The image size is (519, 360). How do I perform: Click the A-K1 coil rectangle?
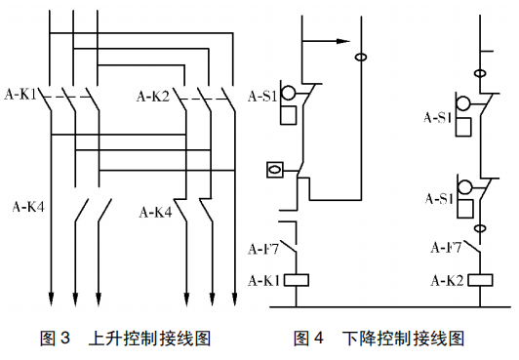297,280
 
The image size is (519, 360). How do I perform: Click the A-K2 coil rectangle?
480,280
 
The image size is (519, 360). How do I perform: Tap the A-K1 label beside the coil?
264,281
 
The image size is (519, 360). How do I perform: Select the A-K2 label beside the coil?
447,281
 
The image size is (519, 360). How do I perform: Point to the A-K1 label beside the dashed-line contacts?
20,95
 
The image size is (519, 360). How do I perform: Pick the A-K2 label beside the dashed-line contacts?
153,97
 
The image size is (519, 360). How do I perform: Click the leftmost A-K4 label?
28,207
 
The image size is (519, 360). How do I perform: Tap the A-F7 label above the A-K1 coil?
263,249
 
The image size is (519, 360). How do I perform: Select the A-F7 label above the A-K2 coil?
446,247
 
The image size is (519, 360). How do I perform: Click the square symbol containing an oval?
275,170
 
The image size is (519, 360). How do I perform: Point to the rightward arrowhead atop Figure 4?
343,41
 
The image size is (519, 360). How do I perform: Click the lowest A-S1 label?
439,199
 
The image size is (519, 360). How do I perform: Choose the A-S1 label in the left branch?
262,97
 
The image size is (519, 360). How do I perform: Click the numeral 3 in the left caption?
65,339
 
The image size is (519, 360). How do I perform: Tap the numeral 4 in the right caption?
318,339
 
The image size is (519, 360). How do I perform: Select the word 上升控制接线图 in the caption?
149,339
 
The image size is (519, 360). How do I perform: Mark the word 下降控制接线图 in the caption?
403,339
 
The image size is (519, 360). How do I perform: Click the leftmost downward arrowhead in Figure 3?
52,299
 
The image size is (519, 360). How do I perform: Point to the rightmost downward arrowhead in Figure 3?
235,299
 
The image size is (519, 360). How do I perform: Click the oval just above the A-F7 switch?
480,228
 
